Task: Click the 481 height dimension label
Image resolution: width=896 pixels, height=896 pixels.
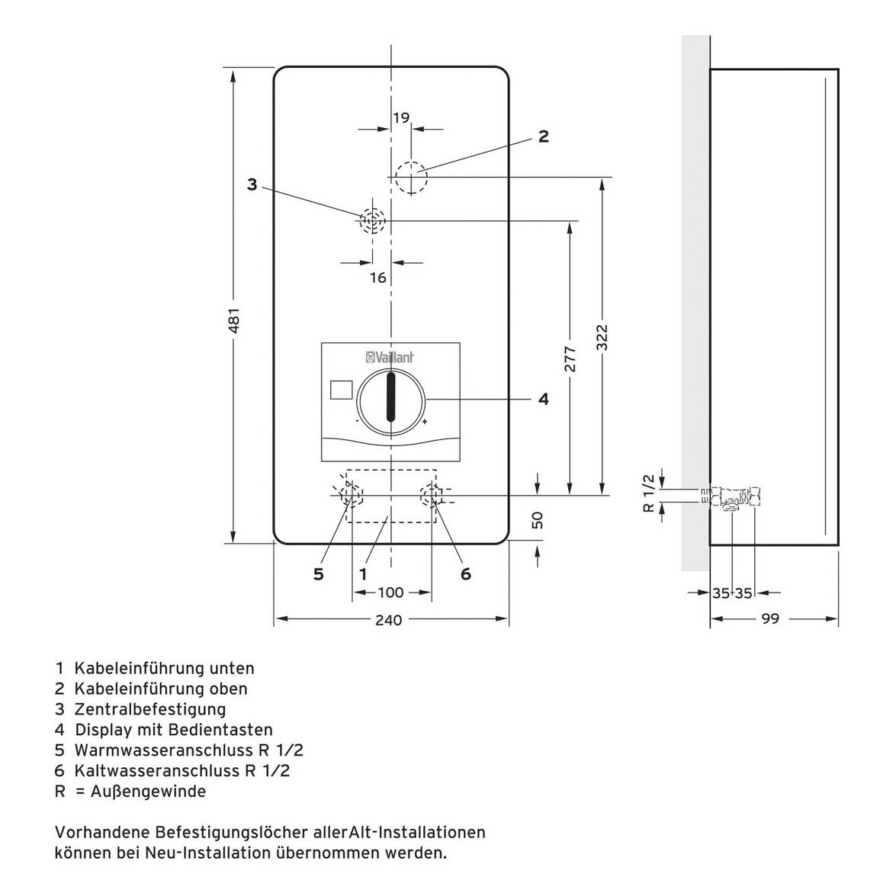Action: [x=235, y=320]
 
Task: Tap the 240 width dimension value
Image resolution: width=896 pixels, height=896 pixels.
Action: [x=389, y=620]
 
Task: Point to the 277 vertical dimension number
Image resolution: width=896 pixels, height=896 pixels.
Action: [x=570, y=358]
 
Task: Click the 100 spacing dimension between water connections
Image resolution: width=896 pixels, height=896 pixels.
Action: [x=390, y=593]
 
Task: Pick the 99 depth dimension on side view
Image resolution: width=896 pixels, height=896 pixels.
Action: [x=770, y=619]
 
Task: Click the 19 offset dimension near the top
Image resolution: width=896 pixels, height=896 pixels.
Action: [x=401, y=117]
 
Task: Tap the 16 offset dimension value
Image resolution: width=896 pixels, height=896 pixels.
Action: [x=378, y=278]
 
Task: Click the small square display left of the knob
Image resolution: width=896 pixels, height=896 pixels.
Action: [x=341, y=390]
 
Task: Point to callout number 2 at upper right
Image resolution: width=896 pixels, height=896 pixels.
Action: [x=543, y=136]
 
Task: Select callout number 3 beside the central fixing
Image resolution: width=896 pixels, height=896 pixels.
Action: [x=252, y=184]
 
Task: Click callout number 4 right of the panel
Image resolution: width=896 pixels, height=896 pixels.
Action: [x=543, y=399]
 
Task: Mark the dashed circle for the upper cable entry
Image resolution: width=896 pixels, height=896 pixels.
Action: [x=411, y=178]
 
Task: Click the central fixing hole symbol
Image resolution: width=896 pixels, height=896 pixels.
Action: [x=373, y=221]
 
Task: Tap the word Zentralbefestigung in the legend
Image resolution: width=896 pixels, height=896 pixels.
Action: [x=150, y=709]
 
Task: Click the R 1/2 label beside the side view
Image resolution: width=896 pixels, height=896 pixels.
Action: [x=649, y=493]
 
